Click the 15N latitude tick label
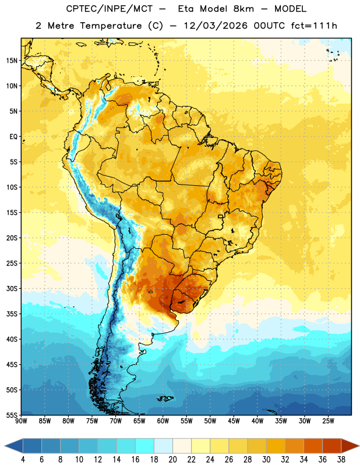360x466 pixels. pos(12,61)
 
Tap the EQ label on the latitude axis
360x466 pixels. pos(13,137)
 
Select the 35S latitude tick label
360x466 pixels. pos(12,314)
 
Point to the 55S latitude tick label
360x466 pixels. pos(12,415)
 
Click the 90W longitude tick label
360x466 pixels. pos(21,421)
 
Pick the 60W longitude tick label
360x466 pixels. pos(163,421)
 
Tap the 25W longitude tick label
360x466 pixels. pos(328,421)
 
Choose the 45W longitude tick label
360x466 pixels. pos(234,421)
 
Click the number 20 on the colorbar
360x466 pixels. pos(172,460)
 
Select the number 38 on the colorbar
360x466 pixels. pos(341,460)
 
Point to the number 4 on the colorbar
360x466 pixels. pos(23,460)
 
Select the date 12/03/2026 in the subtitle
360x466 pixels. pos(216,26)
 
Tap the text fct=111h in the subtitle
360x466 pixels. pos(314,26)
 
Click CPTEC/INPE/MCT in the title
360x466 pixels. pos(109,9)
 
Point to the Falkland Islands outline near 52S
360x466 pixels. pos(165,398)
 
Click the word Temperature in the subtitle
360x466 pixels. pos(111,26)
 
